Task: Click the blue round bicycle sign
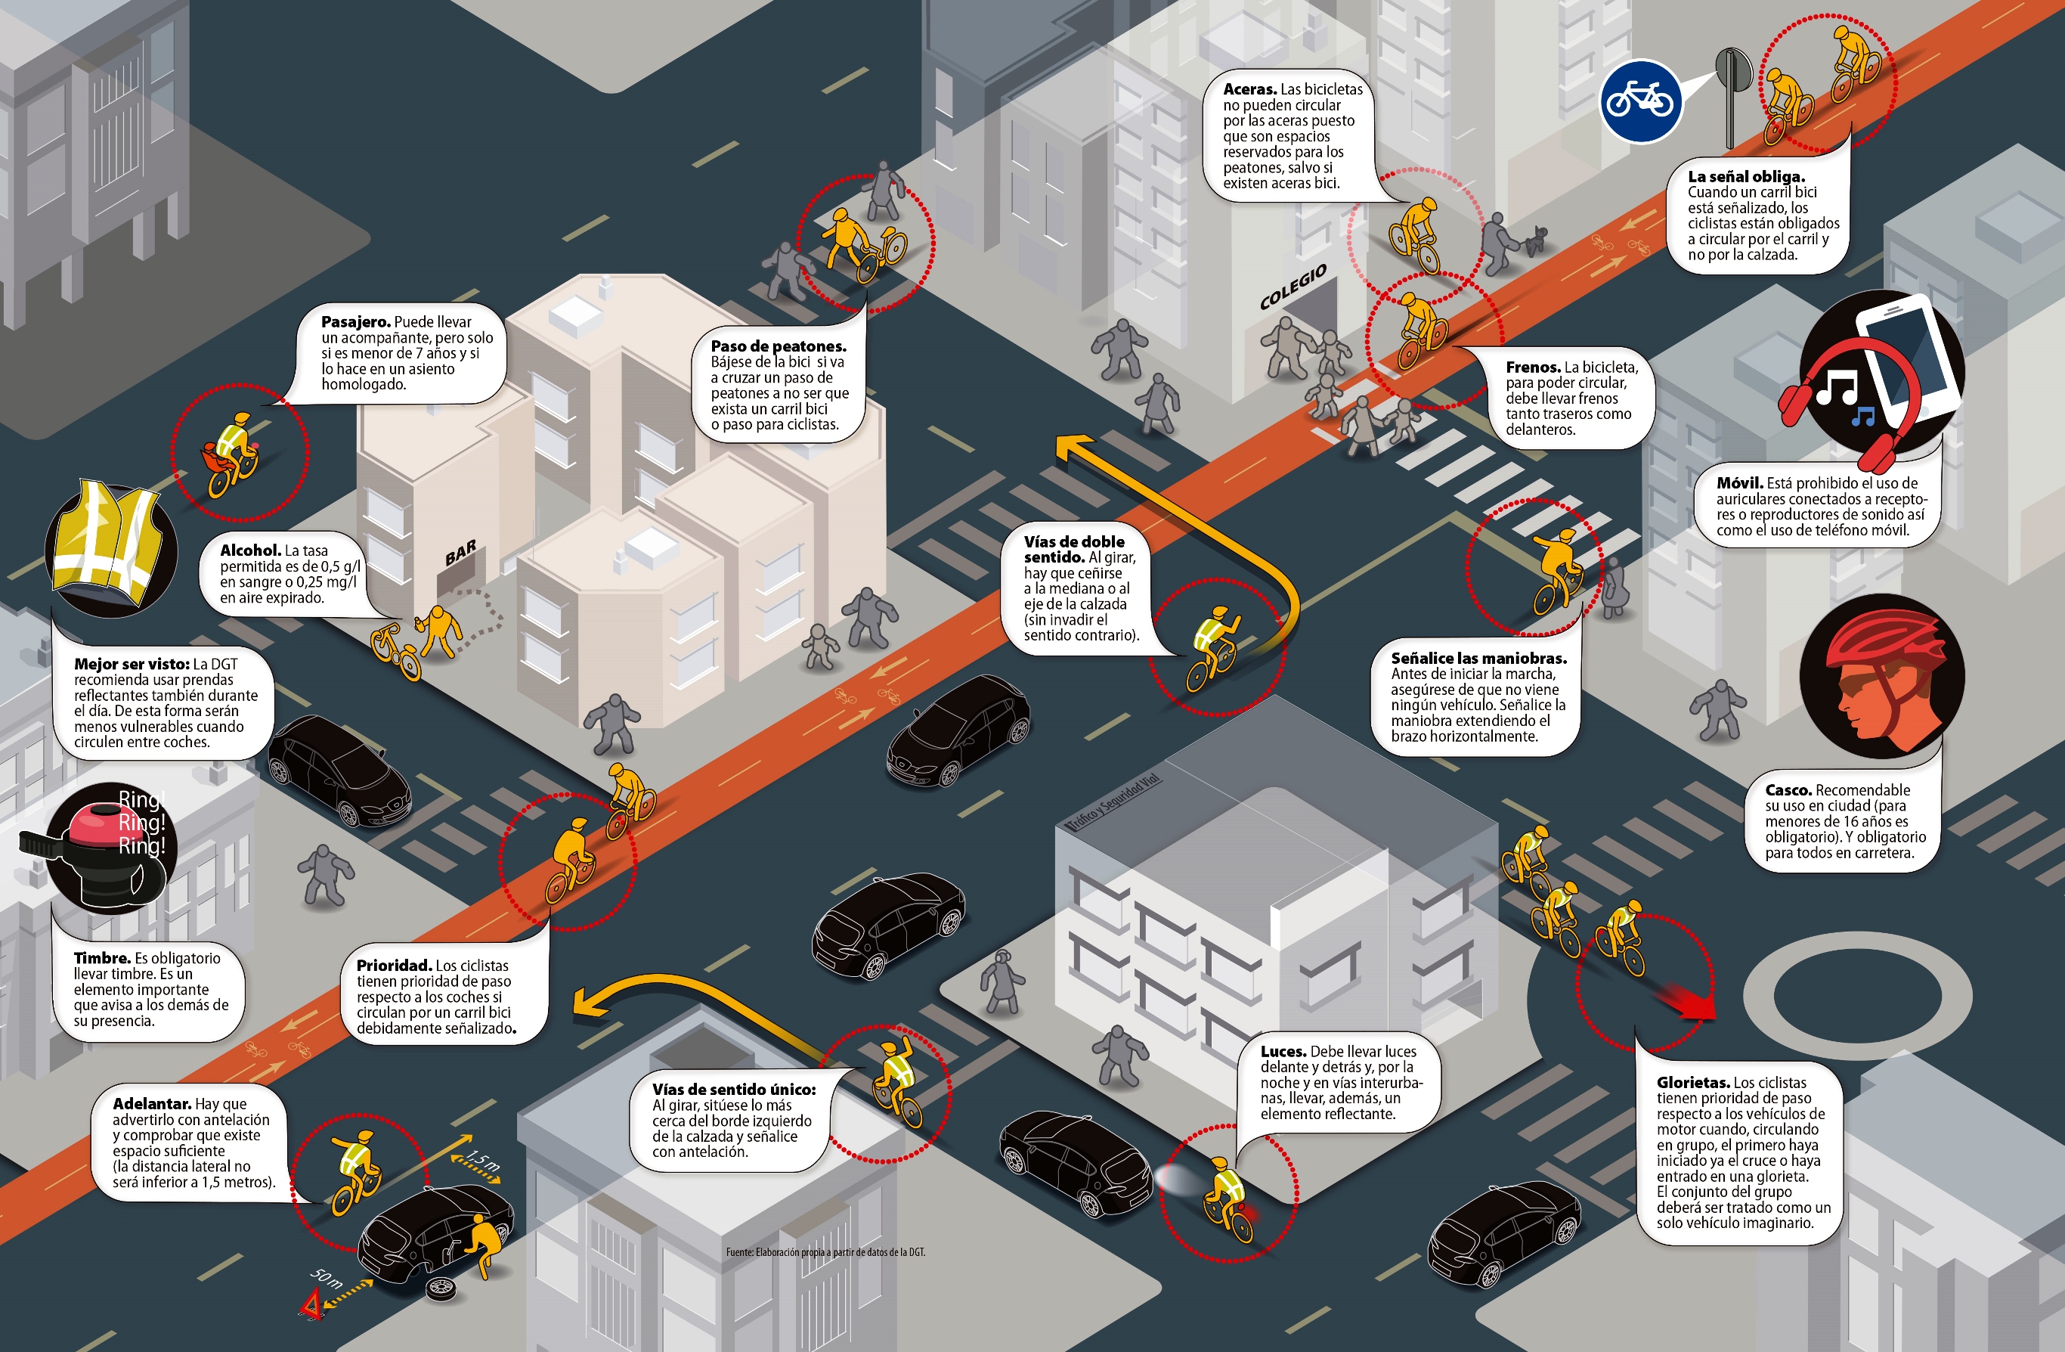(x=1640, y=101)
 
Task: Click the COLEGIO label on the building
(x=1293, y=287)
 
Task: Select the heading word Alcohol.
(x=250, y=550)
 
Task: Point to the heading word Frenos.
(x=1533, y=367)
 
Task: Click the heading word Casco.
(x=1788, y=789)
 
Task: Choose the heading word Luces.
(x=1283, y=1051)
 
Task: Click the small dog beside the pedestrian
(x=1536, y=239)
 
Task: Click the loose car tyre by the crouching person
(x=441, y=1288)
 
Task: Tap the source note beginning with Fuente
(x=825, y=1252)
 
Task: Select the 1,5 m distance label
(x=482, y=1159)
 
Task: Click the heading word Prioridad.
(x=394, y=965)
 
